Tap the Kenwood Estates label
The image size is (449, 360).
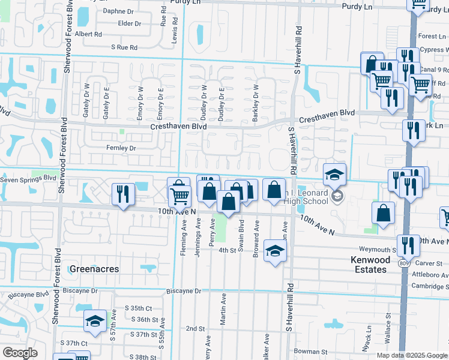370,265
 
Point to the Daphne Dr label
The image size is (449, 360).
118,11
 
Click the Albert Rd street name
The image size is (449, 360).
88,35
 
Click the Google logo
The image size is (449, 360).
20,353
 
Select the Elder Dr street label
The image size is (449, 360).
130,23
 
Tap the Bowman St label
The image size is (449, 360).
311,352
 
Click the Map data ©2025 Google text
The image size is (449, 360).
411,355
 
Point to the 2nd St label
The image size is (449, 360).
195,329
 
